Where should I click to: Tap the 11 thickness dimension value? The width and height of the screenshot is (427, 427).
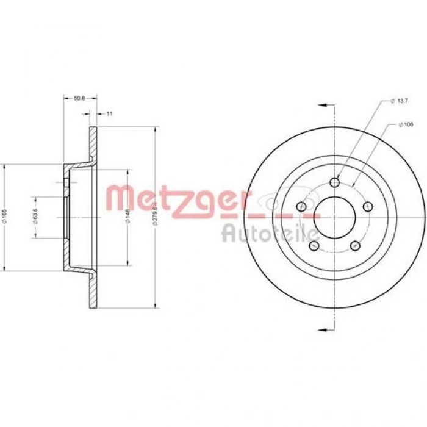click(x=109, y=113)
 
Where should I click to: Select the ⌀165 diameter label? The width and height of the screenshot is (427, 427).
click(x=5, y=217)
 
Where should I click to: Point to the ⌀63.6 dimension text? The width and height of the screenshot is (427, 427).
click(x=37, y=217)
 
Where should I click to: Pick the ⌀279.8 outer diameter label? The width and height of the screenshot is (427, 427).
click(x=158, y=217)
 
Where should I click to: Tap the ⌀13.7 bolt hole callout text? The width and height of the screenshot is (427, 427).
click(x=401, y=101)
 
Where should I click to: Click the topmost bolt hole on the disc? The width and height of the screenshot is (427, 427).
click(x=334, y=182)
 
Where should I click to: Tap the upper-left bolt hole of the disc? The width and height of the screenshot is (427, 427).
click(x=301, y=206)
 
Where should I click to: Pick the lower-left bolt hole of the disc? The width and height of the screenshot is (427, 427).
click(x=314, y=245)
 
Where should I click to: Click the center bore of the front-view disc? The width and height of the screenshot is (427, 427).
click(x=334, y=217)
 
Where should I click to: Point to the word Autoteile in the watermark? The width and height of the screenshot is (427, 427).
click(x=268, y=232)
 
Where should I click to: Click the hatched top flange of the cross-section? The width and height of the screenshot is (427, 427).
click(x=93, y=146)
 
